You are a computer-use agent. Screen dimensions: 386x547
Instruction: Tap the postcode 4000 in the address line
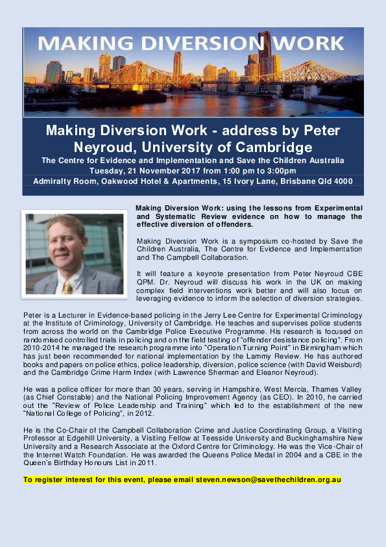(x=342, y=181)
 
